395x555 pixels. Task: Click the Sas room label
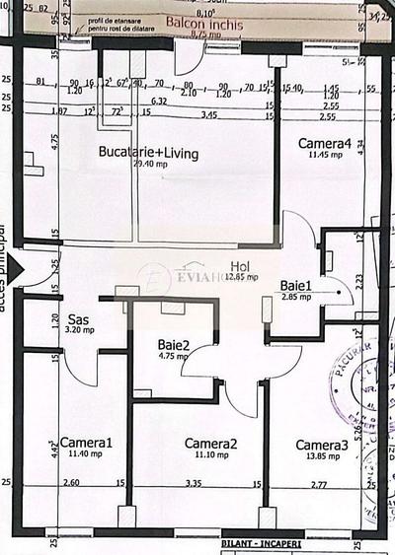[x=79, y=320]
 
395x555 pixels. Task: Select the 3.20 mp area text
[x=79, y=331]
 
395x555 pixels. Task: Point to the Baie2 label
[x=174, y=345]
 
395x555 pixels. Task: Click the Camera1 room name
[x=86, y=443]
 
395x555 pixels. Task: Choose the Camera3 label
[x=322, y=446]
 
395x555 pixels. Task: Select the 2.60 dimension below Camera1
[x=72, y=484]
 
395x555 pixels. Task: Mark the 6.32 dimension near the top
[x=158, y=101]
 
